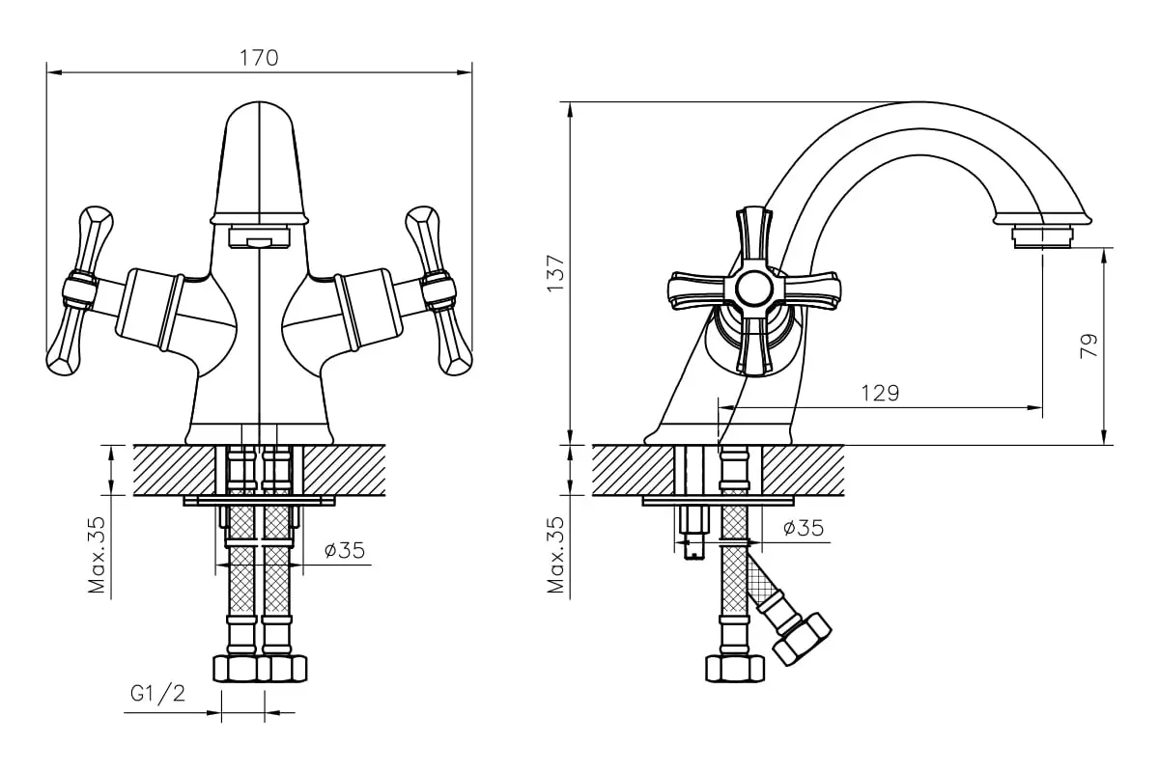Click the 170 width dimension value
[x=259, y=58]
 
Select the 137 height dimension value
[x=555, y=273]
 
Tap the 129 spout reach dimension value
[x=880, y=394]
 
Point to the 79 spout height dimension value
[x=1088, y=345]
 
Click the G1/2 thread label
[x=157, y=694]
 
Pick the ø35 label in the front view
[x=345, y=550]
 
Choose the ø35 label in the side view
[x=804, y=528]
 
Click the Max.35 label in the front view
[x=97, y=555]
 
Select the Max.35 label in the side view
[x=555, y=555]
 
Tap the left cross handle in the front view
[x=79, y=290]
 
